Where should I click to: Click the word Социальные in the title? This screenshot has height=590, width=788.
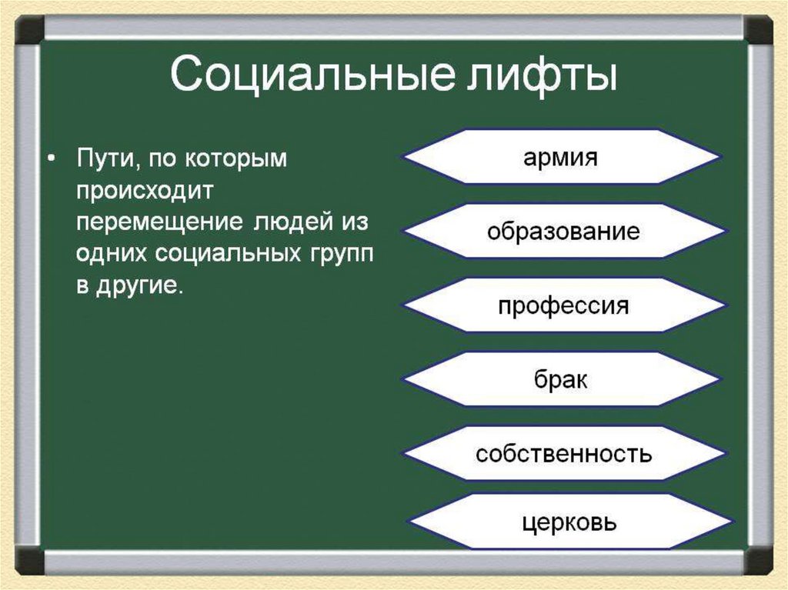tap(312, 75)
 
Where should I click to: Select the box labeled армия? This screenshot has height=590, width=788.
tap(561, 157)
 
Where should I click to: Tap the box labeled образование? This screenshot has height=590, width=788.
tap(564, 232)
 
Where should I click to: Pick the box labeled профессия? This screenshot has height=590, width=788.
tap(564, 305)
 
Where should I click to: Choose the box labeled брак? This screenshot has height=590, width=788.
tap(561, 379)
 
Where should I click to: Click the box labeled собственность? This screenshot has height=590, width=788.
tap(564, 453)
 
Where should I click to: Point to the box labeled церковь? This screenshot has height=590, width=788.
tap(569, 522)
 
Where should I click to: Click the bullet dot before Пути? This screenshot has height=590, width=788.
tap(50, 159)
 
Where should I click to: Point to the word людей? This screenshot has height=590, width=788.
tap(293, 221)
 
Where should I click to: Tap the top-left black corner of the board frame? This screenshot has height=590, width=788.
tap(29, 29)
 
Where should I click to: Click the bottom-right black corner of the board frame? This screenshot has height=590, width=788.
tap(758, 560)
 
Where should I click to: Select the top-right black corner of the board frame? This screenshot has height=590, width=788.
tap(758, 29)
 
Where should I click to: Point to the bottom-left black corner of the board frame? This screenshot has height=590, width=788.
tap(29, 560)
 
